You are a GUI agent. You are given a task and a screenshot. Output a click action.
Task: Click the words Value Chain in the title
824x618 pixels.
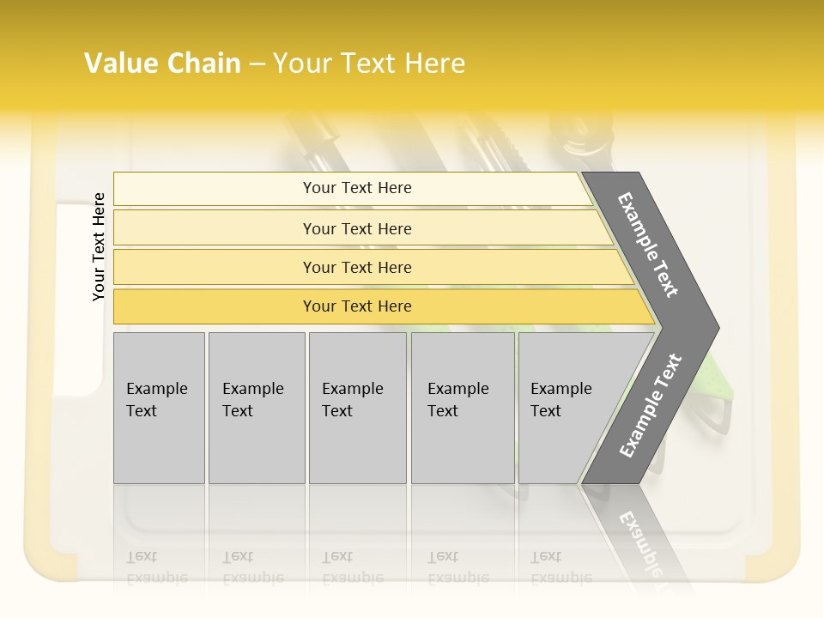[x=162, y=64]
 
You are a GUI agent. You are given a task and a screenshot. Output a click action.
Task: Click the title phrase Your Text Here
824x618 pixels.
[x=369, y=64]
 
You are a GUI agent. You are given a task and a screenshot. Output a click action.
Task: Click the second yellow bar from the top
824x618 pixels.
[x=357, y=228]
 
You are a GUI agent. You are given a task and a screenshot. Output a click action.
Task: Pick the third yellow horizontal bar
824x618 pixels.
[x=357, y=267]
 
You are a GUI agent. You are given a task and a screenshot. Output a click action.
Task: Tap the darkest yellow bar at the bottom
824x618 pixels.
[x=357, y=306]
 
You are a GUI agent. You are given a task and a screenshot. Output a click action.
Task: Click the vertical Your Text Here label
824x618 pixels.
[x=99, y=246]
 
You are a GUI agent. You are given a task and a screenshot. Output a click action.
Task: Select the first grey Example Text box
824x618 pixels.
[x=159, y=408]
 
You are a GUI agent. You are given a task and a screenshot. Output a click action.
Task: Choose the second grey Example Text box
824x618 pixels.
[x=256, y=408]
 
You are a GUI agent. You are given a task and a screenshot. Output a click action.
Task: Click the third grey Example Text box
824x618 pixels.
[x=357, y=408]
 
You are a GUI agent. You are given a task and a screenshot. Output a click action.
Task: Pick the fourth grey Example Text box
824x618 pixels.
[x=462, y=408]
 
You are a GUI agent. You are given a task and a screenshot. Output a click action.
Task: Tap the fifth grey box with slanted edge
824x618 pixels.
[x=566, y=408]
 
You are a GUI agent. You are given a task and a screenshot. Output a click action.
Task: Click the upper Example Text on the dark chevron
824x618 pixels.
[x=649, y=245]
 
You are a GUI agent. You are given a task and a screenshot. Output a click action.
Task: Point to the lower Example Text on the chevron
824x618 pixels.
[x=651, y=405]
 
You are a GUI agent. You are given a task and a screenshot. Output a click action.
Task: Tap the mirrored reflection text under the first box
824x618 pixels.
[x=157, y=566]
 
